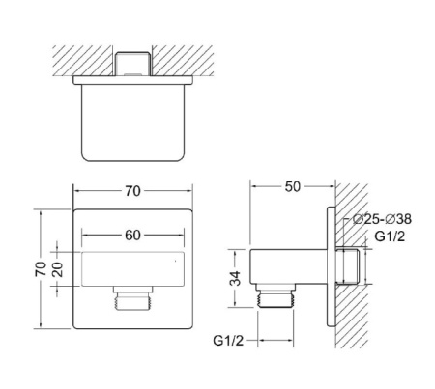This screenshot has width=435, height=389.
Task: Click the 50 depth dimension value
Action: (291, 185)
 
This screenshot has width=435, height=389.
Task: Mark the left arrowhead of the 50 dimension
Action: (253, 185)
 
